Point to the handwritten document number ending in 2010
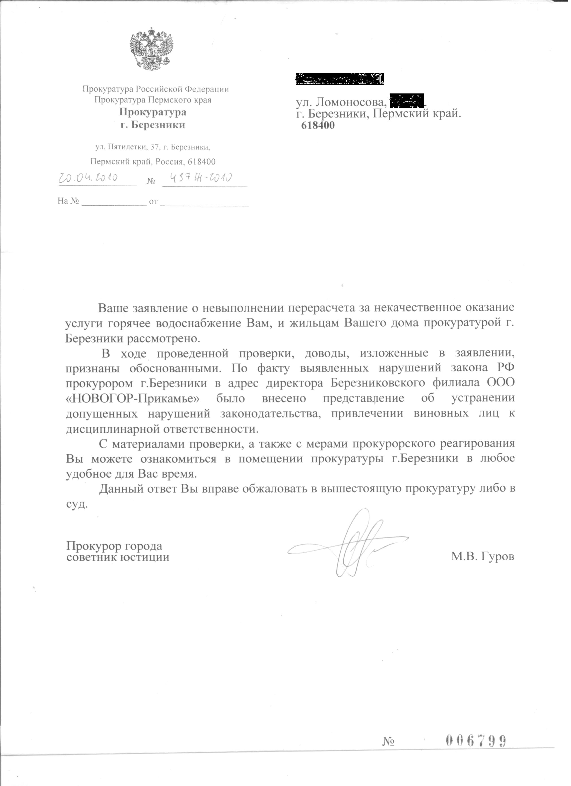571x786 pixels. (200, 178)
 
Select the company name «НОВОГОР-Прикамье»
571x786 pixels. (133, 398)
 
